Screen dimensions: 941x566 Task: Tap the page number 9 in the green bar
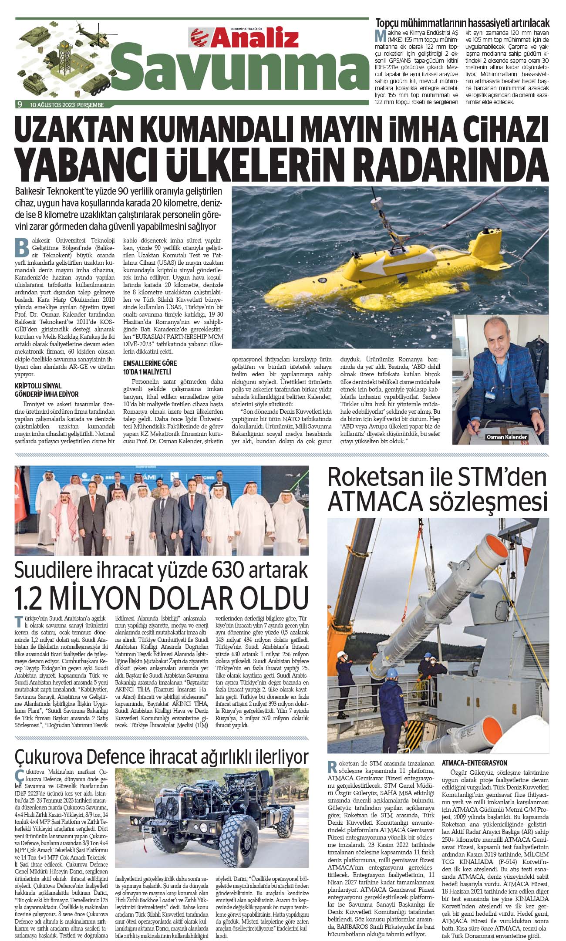tap(19, 104)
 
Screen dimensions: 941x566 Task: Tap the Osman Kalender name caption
tap(506, 437)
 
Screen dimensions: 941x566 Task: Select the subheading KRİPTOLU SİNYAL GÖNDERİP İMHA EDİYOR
tap(46, 390)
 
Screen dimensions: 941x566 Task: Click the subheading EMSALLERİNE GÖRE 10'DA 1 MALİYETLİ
tap(150, 368)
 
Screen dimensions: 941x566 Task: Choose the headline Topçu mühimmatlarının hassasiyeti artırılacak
tap(462, 23)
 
